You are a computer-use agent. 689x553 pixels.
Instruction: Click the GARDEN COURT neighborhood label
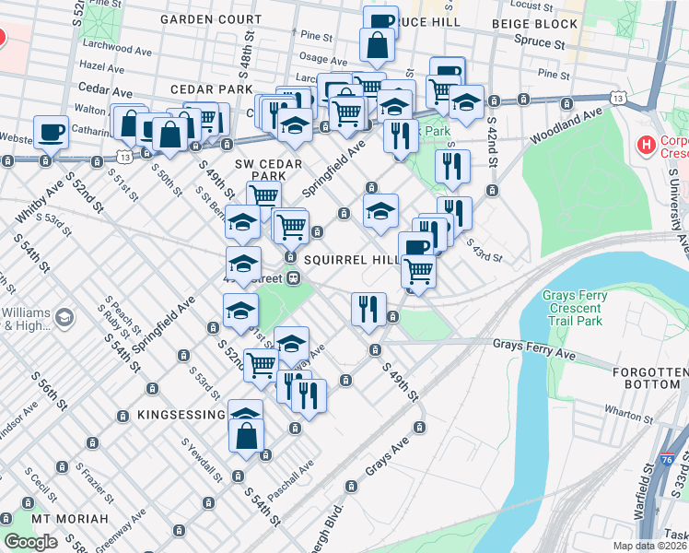pyautogui.click(x=211, y=18)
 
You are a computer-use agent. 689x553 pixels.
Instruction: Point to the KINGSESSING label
pyautogui.click(x=179, y=416)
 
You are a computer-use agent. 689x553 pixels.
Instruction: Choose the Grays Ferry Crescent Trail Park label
pyautogui.click(x=585, y=309)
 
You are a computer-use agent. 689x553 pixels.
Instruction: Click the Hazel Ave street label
pyautogui.click(x=102, y=66)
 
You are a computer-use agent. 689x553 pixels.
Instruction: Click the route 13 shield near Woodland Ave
pyautogui.click(x=616, y=97)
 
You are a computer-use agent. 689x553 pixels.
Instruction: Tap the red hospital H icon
pyautogui.click(x=647, y=145)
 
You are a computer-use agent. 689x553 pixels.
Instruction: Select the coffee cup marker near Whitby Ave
pyautogui.click(x=52, y=131)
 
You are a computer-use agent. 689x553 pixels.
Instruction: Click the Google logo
pyautogui.click(x=31, y=542)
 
